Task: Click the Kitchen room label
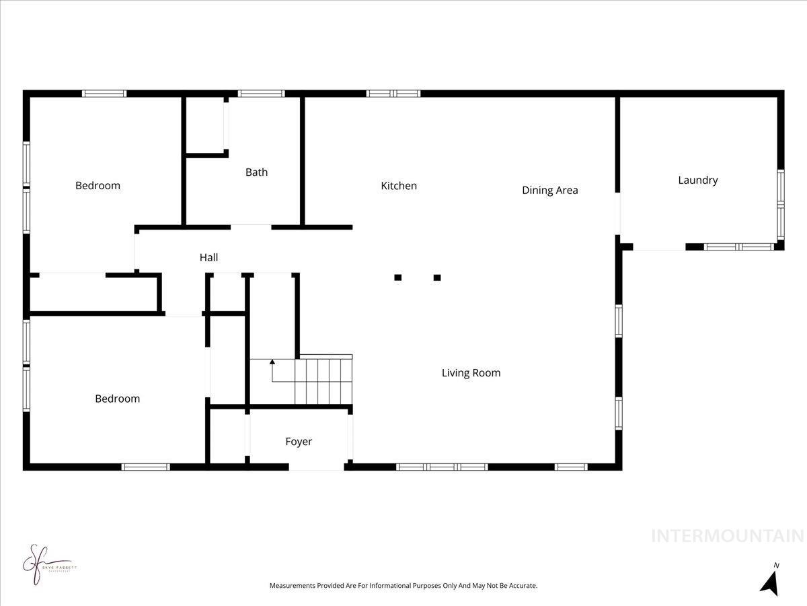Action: pyautogui.click(x=399, y=186)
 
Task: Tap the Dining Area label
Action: pyautogui.click(x=549, y=191)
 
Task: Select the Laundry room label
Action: pyautogui.click(x=697, y=180)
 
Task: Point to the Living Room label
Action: pyautogui.click(x=471, y=373)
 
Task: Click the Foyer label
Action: pyautogui.click(x=299, y=442)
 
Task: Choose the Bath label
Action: pyautogui.click(x=256, y=172)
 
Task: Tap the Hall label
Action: pyautogui.click(x=208, y=258)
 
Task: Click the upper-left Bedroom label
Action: pyautogui.click(x=98, y=186)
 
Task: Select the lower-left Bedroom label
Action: pyautogui.click(x=117, y=399)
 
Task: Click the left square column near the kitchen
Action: pyautogui.click(x=398, y=277)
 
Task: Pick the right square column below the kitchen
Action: pyautogui.click(x=437, y=277)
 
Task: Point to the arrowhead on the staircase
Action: pyautogui.click(x=272, y=362)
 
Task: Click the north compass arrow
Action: pyautogui.click(x=770, y=582)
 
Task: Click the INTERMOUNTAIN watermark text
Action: pyautogui.click(x=728, y=537)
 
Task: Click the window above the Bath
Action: pyautogui.click(x=261, y=94)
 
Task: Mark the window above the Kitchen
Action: pyautogui.click(x=393, y=94)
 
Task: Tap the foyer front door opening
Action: pyautogui.click(x=316, y=466)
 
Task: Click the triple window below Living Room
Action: pyautogui.click(x=442, y=467)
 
